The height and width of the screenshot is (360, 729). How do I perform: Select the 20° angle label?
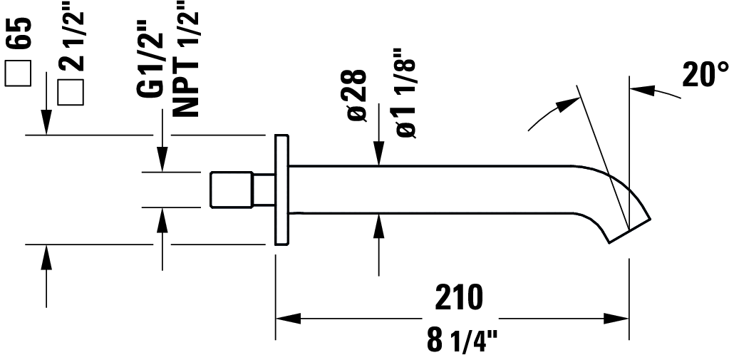click(x=705, y=74)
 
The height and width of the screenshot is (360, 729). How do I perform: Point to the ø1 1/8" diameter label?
click(x=404, y=93)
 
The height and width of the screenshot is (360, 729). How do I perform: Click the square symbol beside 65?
click(x=19, y=73)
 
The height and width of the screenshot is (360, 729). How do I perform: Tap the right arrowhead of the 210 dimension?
click(x=618, y=318)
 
